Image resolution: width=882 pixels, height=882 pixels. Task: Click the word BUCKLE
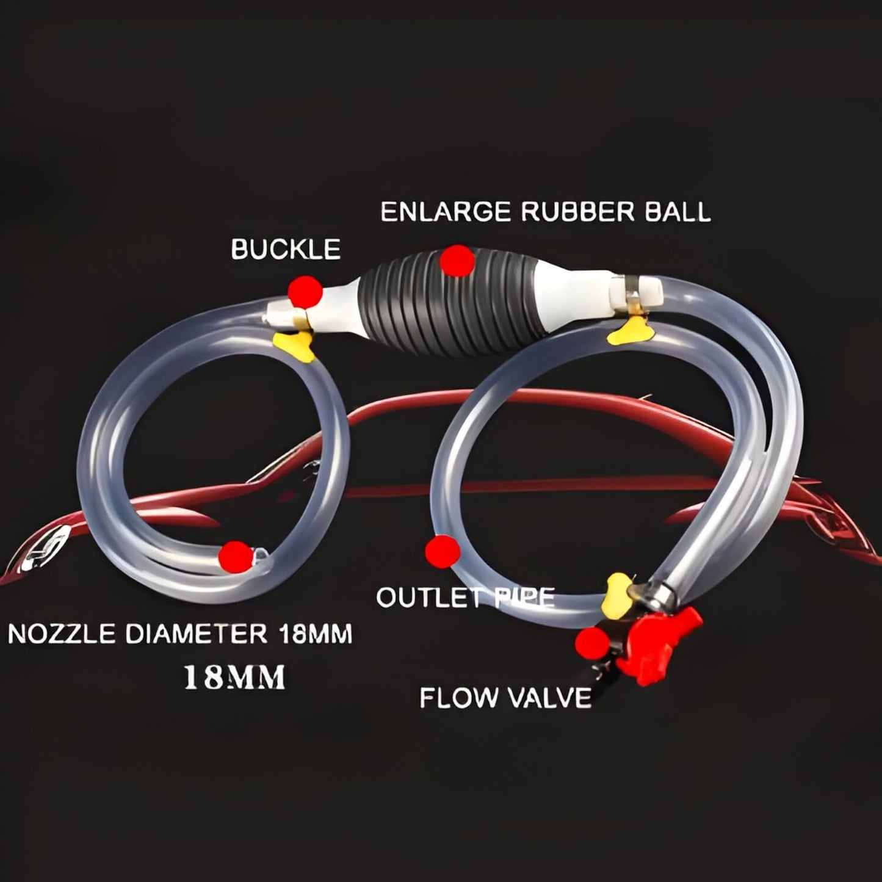point(286,250)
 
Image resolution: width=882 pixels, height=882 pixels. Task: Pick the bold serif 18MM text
point(234,678)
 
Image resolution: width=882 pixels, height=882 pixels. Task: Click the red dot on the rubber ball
point(457,261)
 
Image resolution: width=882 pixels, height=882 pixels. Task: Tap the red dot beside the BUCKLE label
point(305,291)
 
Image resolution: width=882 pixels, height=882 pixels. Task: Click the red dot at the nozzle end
point(236,556)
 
